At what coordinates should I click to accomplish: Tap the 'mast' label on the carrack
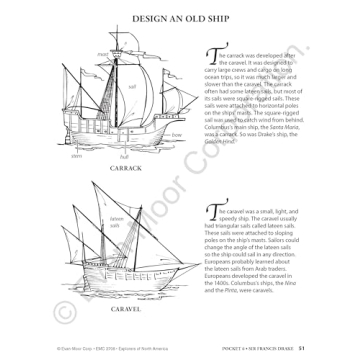[101, 53]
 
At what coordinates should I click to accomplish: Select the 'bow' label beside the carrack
[177, 133]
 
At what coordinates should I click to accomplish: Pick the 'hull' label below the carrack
[124, 156]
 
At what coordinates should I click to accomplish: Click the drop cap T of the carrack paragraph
[210, 59]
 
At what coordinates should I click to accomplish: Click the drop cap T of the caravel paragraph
[210, 209]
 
